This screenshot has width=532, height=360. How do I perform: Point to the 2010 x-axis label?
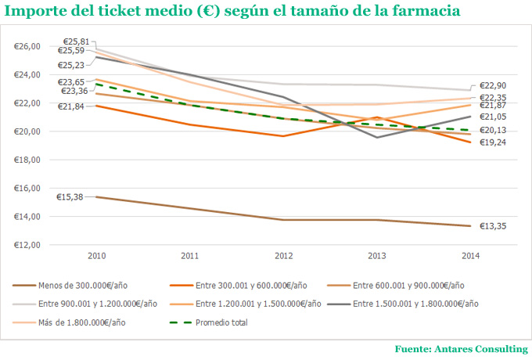[97, 256]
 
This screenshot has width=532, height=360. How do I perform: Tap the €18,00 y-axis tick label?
[27, 160]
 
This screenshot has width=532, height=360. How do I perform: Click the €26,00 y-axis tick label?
[27, 46]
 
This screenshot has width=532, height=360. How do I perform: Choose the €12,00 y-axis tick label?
[27, 245]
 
